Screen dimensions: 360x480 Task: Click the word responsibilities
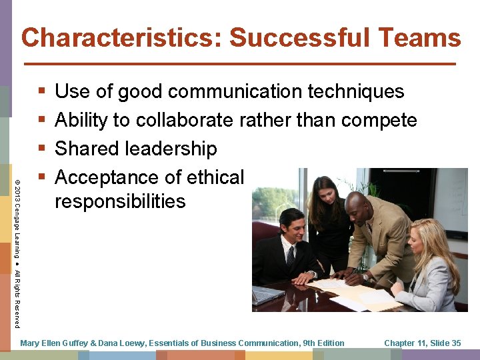click(120, 201)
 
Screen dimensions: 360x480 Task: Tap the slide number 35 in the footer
click(455, 343)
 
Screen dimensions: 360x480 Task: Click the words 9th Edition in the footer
click(323, 343)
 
